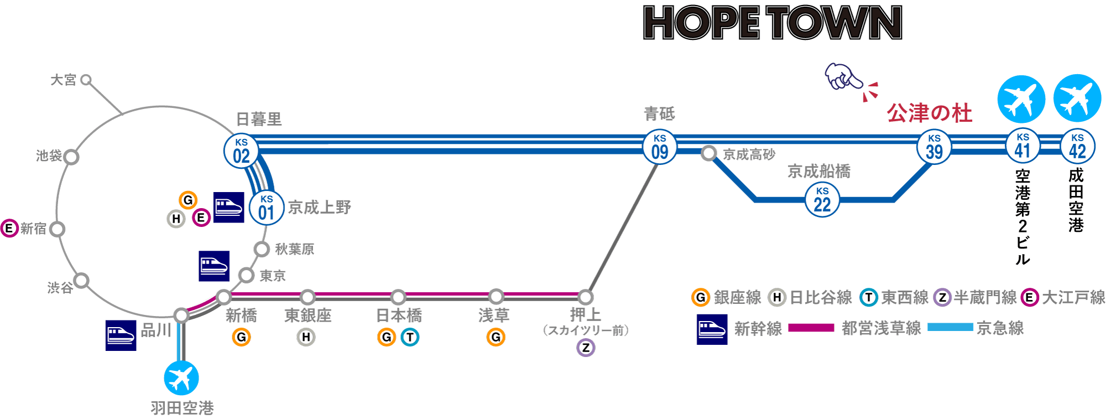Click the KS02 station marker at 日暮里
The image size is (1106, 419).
(241, 151)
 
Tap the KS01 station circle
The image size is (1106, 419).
(267, 208)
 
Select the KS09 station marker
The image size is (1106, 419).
(660, 147)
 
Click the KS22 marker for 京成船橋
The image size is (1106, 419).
(822, 200)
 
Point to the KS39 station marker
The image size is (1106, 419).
(934, 147)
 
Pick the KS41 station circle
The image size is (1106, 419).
(1022, 146)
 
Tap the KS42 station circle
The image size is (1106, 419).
(1077, 146)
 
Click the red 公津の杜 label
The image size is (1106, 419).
(929, 113)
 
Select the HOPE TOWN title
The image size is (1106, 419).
(773, 23)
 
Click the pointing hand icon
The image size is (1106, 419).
(842, 77)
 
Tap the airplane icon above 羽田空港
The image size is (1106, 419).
(181, 378)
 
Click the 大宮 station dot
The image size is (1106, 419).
(86, 80)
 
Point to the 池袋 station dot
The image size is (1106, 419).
(71, 157)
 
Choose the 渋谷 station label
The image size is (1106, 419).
(60, 288)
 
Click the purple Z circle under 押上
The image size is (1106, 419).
(586, 348)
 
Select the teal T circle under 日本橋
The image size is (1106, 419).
(410, 337)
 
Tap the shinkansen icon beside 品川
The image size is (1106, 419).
(121, 335)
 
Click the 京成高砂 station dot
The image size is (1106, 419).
(708, 153)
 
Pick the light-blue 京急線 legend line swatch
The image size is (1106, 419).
(950, 327)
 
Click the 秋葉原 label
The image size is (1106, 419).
(294, 249)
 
